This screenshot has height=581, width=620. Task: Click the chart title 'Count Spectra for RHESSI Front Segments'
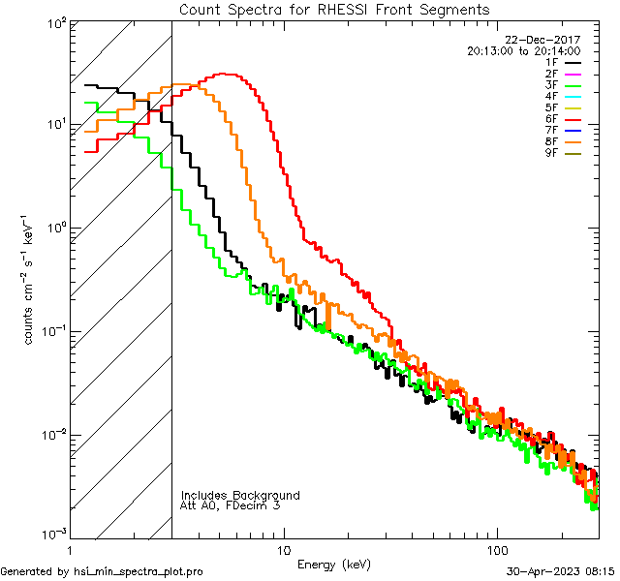tap(334, 10)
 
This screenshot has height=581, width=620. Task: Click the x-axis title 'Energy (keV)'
tap(333, 564)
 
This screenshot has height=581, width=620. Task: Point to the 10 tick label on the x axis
tap(283, 550)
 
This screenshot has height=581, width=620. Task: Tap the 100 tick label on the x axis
tap(496, 550)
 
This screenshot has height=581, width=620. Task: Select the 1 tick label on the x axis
tap(70, 550)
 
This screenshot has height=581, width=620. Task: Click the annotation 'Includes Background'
tap(240, 496)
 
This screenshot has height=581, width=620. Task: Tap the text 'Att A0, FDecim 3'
tap(231, 506)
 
